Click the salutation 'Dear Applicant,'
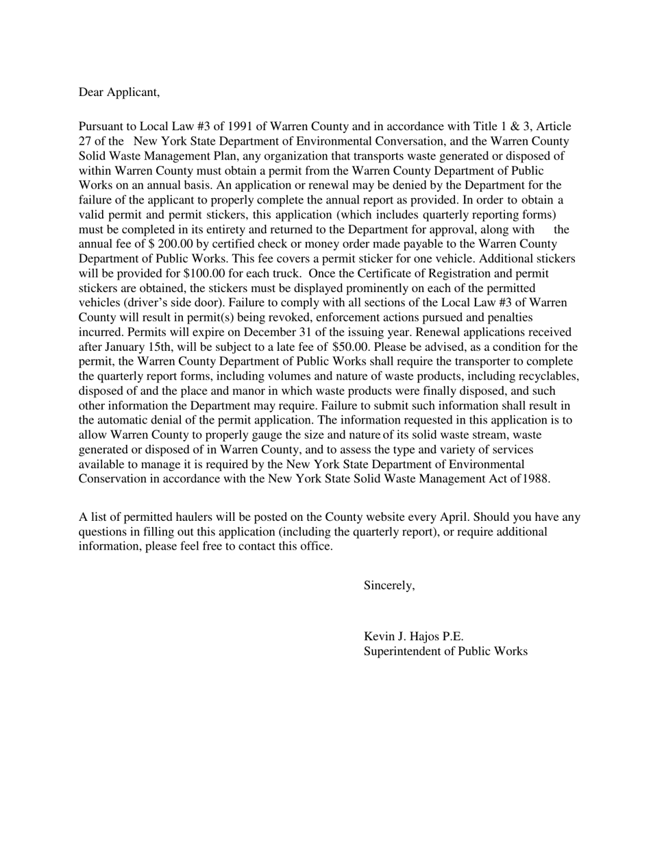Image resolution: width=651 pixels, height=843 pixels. pyautogui.click(x=119, y=92)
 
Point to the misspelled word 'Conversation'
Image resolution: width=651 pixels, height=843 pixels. pyautogui.click(x=398, y=141)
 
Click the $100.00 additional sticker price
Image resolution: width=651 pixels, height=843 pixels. pyautogui.click(x=204, y=273)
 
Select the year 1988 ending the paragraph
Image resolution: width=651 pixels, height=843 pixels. pyautogui.click(x=536, y=479)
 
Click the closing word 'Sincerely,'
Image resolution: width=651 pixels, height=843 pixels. pyautogui.click(x=389, y=585)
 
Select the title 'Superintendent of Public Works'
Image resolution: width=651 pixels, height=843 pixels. pyautogui.click(x=445, y=651)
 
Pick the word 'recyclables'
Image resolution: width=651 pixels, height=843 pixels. pyautogui.click(x=545, y=376)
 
